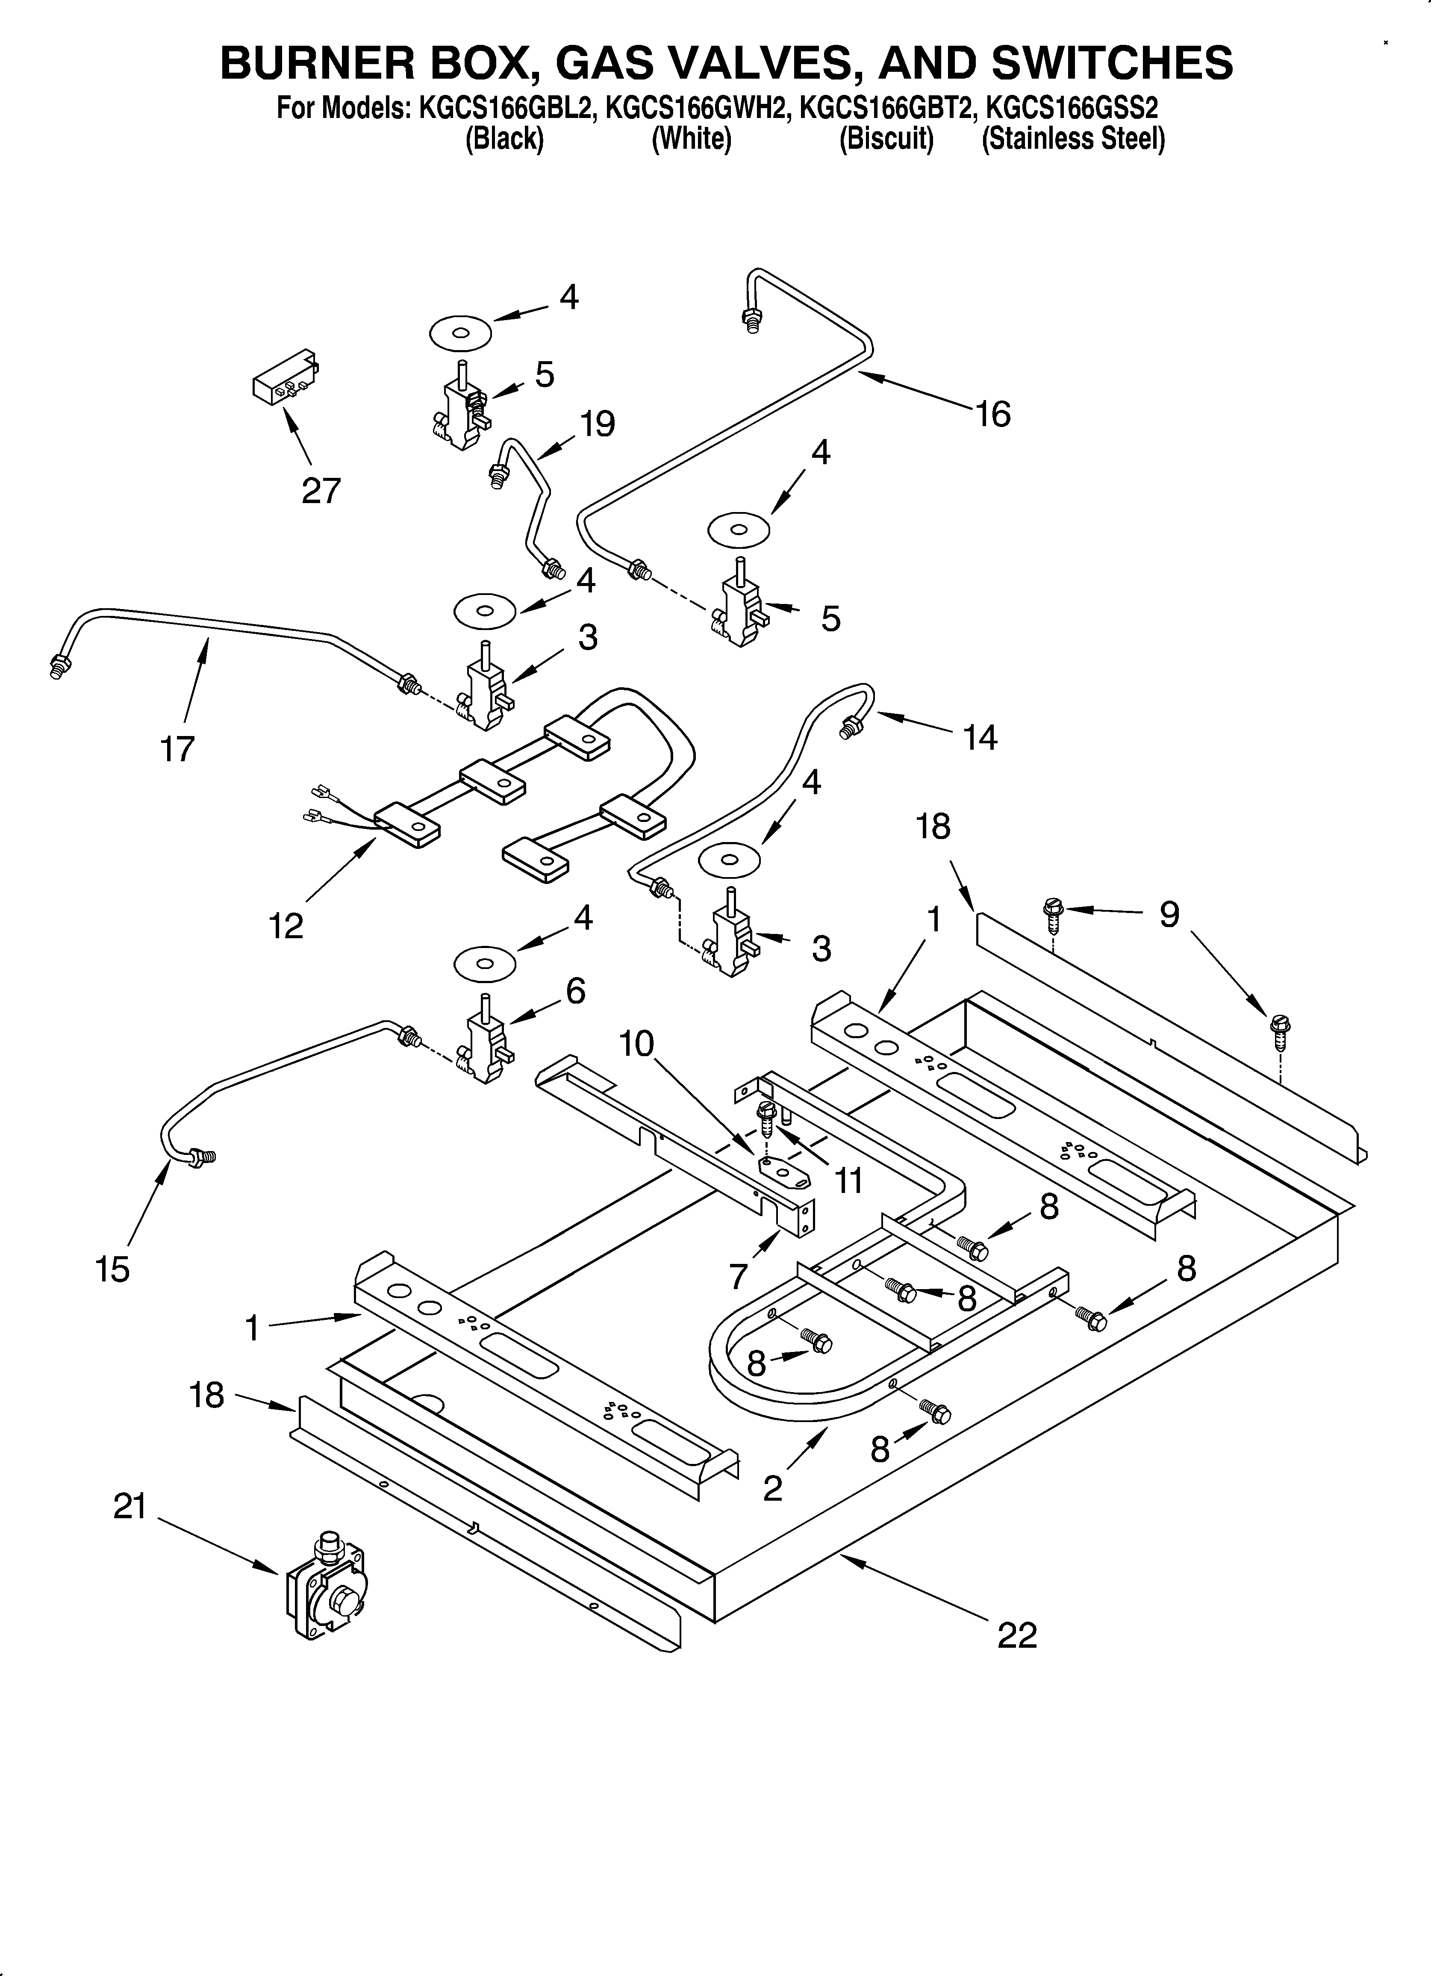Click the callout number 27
(321, 492)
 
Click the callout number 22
(1017, 1635)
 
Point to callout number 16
(992, 415)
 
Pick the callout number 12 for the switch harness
(286, 926)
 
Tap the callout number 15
(113, 1269)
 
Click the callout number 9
(1169, 914)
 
